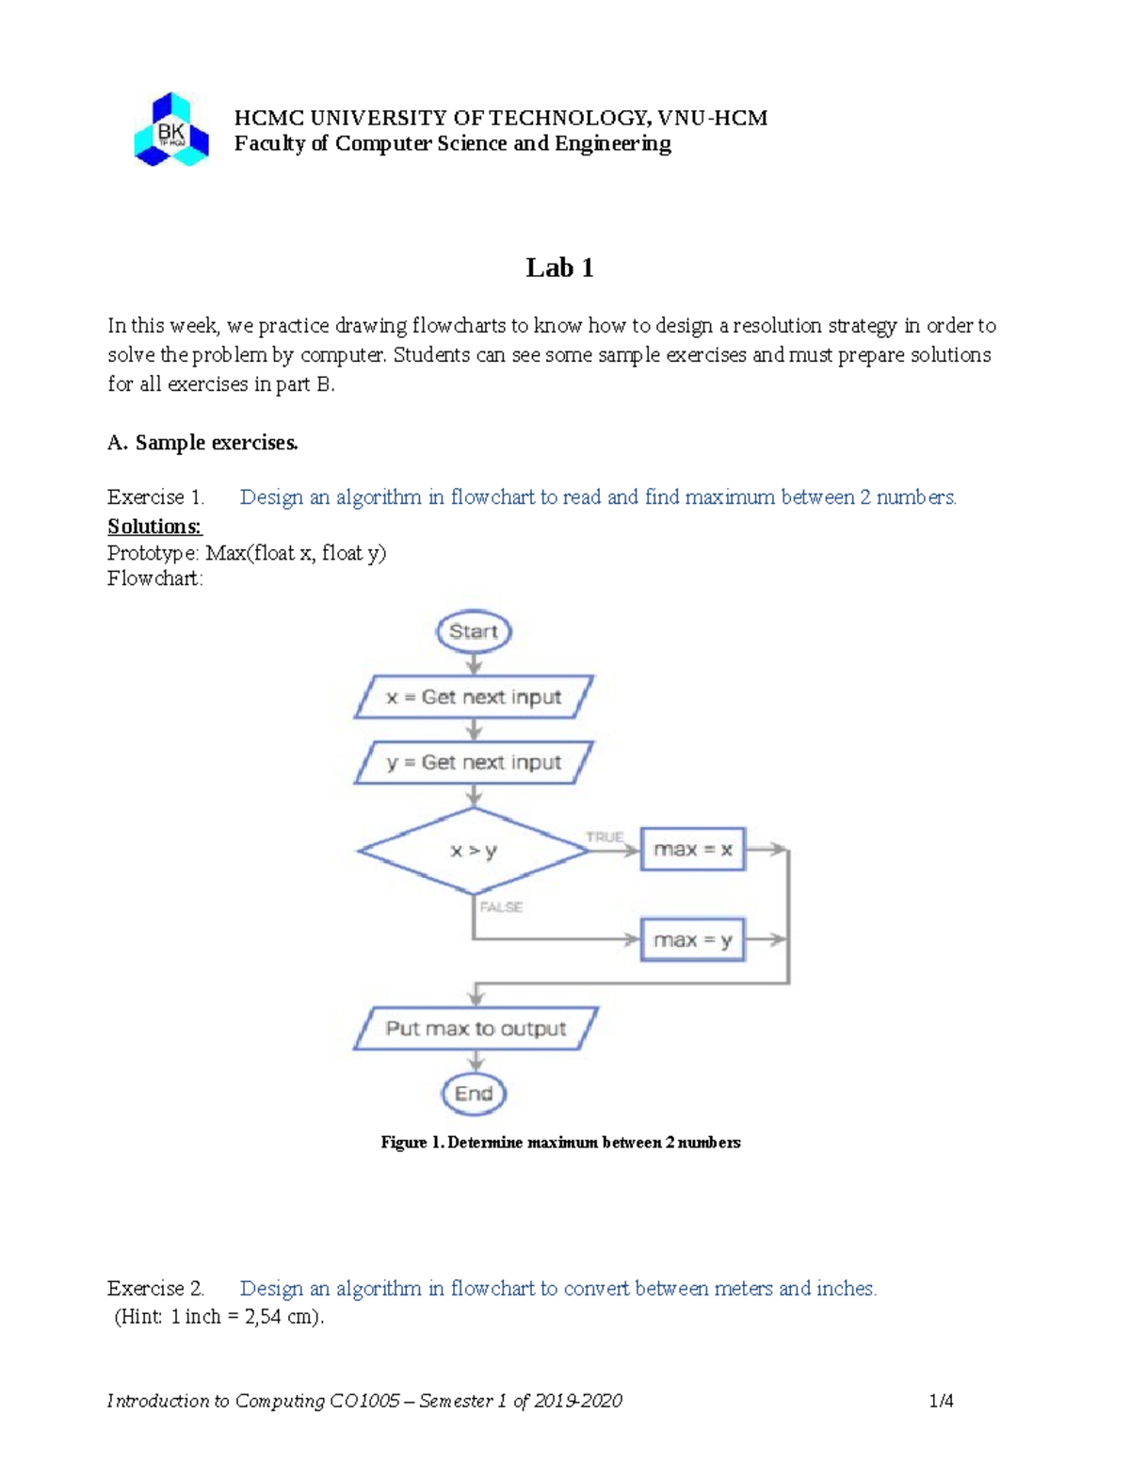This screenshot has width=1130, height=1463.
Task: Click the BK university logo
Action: [171, 131]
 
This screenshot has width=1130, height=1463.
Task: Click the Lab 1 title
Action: [559, 268]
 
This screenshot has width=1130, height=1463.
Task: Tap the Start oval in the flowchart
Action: [474, 632]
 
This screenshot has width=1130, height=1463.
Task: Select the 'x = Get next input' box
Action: [474, 697]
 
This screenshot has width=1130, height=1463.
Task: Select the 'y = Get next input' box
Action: [474, 762]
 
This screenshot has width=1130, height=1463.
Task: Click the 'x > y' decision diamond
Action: [473, 851]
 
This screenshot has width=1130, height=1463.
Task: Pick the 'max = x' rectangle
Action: [693, 849]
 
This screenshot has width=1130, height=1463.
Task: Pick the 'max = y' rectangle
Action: [693, 940]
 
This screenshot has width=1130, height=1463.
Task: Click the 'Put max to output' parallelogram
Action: [476, 1029]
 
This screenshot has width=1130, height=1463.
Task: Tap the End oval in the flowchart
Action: [474, 1094]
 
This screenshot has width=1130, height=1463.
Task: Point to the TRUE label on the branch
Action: [604, 837]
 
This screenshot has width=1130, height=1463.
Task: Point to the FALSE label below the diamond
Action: [501, 907]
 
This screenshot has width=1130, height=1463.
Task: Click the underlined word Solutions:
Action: [154, 527]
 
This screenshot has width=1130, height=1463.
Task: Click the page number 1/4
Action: [941, 1401]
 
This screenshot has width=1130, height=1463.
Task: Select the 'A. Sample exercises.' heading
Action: [202, 443]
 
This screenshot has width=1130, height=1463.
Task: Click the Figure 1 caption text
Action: [560, 1143]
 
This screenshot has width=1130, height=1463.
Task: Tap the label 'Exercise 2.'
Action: [155, 1288]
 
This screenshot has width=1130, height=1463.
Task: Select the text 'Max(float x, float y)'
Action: [296, 553]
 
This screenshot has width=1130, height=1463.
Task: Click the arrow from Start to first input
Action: [474, 663]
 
